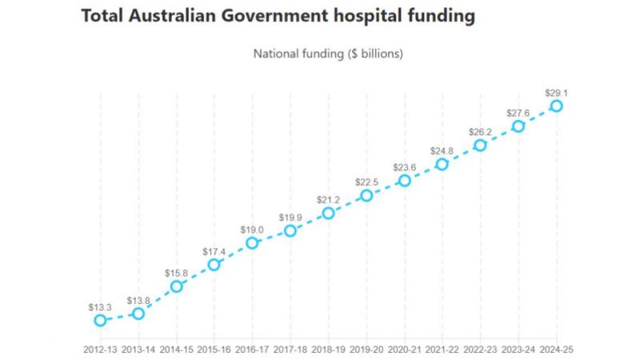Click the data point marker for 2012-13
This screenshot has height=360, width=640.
[100, 320]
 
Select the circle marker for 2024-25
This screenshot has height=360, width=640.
[556, 106]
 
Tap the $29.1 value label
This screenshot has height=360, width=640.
[556, 91]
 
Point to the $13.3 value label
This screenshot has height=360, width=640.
[100, 306]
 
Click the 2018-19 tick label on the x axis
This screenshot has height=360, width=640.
[328, 349]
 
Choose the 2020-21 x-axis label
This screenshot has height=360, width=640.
[404, 349]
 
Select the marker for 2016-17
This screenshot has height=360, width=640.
[252, 242]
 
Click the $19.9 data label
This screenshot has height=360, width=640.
[290, 216]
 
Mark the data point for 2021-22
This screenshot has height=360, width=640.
[442, 164]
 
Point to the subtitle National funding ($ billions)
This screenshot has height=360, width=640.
[327, 54]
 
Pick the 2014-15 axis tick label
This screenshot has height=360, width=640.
[176, 349]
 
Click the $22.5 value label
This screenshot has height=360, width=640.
[366, 181]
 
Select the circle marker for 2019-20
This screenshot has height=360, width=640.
[366, 195]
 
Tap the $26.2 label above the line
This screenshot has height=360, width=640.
[480, 131]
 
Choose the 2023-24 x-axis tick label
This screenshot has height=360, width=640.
[518, 349]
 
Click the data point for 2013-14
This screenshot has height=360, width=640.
[138, 314]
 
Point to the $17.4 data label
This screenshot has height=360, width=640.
[214, 250]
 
